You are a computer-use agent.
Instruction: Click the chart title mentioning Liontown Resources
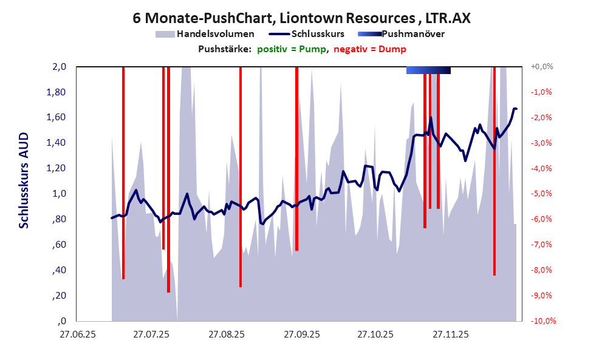301,18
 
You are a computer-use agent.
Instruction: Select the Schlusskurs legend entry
318,34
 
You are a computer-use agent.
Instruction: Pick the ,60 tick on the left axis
60,245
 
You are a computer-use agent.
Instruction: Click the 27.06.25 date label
76,335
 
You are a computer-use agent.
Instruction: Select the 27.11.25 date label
450,335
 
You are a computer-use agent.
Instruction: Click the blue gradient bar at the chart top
428,70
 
